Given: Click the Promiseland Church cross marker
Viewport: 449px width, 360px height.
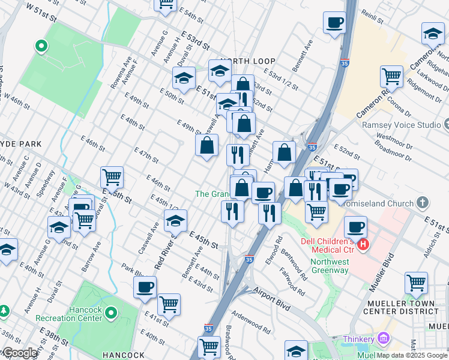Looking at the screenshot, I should point(423,202).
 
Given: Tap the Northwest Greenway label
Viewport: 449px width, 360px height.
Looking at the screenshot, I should point(330,266).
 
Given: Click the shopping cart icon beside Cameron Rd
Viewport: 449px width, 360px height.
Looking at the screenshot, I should point(391,76).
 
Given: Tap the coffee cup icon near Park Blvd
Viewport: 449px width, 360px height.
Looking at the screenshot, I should point(145,287).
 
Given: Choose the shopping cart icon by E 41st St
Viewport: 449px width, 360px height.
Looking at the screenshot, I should point(169,304).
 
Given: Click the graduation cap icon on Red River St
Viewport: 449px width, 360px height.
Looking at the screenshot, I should point(175,220).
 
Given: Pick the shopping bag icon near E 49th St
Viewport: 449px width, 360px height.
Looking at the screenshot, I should point(206,145).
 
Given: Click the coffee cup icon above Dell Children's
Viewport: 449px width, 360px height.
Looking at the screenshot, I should point(355,227).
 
